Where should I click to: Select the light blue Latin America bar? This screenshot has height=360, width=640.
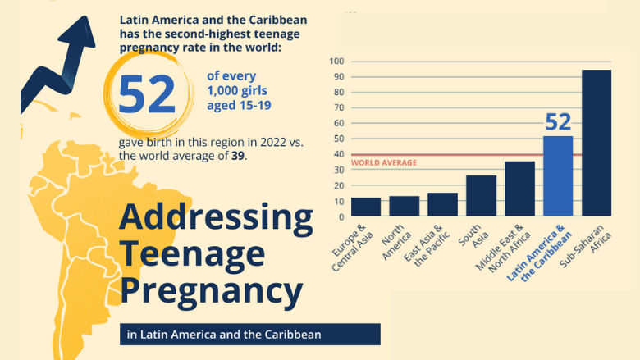click(x=558, y=176)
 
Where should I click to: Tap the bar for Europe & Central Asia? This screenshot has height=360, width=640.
click(x=365, y=207)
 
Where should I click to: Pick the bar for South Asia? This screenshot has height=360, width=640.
click(x=481, y=196)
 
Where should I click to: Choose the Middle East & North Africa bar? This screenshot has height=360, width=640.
click(x=519, y=189)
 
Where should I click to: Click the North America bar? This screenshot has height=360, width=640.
click(x=404, y=207)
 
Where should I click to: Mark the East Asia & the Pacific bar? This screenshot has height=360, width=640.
click(x=442, y=205)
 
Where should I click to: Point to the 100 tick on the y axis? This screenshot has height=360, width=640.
click(x=336, y=62)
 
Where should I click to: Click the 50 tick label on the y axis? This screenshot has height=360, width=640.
click(x=337, y=139)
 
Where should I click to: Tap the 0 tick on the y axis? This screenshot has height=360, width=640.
click(x=340, y=217)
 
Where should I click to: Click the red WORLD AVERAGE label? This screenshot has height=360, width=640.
click(x=384, y=163)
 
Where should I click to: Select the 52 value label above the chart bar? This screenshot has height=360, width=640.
click(x=558, y=122)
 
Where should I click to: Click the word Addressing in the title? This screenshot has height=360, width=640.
click(x=216, y=218)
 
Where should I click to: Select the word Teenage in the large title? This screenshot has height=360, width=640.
click(x=192, y=254)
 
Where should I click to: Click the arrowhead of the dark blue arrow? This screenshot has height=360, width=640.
click(x=79, y=31)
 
